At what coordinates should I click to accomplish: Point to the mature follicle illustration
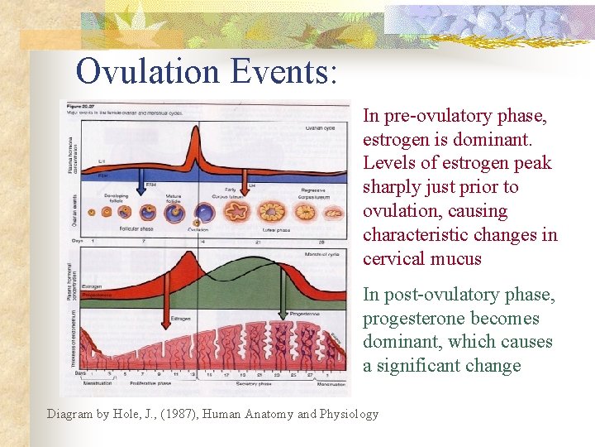[x=174, y=213]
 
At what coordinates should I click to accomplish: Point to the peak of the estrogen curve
[x=193, y=257]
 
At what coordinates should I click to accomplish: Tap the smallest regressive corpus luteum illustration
[x=333, y=213]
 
